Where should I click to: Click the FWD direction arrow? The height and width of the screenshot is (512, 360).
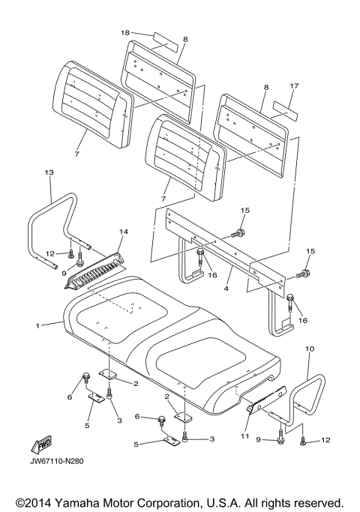[x=41, y=445]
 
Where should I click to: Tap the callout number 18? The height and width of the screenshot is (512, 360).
[x=125, y=32]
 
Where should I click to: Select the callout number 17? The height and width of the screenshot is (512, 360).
[x=294, y=86]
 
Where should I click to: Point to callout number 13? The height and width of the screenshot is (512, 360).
[x=49, y=172]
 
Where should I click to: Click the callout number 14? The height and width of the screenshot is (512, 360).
[x=124, y=232]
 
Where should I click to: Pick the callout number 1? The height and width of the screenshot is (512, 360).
[x=38, y=325]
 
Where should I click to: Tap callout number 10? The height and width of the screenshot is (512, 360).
[x=310, y=349]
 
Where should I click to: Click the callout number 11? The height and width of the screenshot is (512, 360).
[x=245, y=436]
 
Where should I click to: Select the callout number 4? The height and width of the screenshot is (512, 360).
[x=226, y=289]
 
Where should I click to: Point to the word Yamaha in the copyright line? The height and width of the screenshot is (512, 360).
[x=78, y=502]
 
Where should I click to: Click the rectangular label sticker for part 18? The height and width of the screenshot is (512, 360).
[x=165, y=43]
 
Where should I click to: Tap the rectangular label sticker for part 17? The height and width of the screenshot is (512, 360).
[x=286, y=111]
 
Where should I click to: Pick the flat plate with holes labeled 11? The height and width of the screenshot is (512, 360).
[x=266, y=400]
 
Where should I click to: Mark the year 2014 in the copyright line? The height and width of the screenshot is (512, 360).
[x=38, y=502]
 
